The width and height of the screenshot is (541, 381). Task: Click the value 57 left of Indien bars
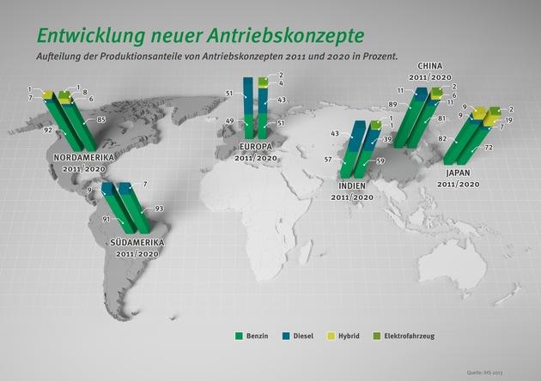(x=327, y=160)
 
